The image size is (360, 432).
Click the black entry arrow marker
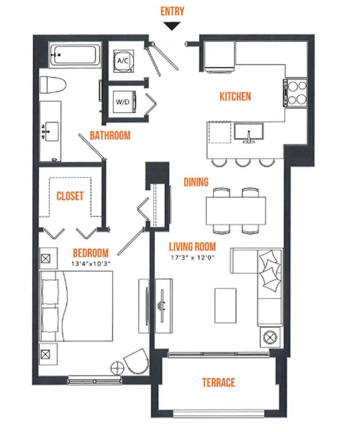172,26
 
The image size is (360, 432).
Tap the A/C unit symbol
123,61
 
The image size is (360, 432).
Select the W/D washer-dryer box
124,102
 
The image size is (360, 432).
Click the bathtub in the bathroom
75,55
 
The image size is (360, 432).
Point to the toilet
53,85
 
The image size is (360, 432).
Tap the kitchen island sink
249,132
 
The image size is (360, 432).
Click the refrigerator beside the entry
219,57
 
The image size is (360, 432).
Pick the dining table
236,211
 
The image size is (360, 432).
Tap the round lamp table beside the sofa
270,337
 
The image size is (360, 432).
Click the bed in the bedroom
76,306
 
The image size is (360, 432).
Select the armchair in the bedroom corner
137,361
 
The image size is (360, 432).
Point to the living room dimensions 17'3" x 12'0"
192,258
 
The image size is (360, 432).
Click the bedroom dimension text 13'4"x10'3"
91,264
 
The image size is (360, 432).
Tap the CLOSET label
70,196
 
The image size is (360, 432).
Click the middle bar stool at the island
243,163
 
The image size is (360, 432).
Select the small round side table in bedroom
117,368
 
